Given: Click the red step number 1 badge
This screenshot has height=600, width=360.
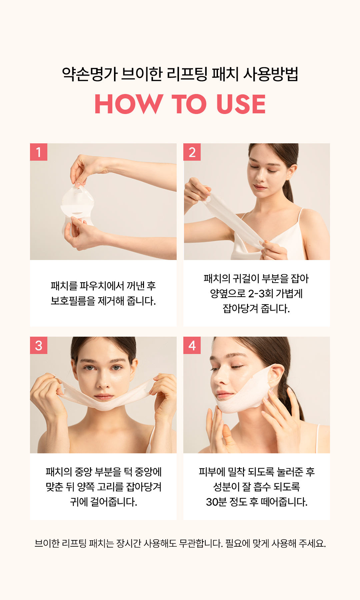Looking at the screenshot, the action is point(39,152).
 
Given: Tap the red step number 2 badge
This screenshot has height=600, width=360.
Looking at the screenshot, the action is point(192,152).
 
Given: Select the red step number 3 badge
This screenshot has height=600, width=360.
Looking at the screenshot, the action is point(39,345).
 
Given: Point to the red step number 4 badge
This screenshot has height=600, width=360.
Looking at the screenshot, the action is point(192,345).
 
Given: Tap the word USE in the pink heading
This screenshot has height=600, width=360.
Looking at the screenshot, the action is point(241,104).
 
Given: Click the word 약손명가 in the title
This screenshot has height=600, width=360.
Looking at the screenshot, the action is point(90,74).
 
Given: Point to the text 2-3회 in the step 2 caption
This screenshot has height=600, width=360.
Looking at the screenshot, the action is point(261,294).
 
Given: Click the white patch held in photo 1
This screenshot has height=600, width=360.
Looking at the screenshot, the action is point(77,203).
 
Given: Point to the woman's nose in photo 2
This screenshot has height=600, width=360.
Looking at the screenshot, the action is point(260,178).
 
